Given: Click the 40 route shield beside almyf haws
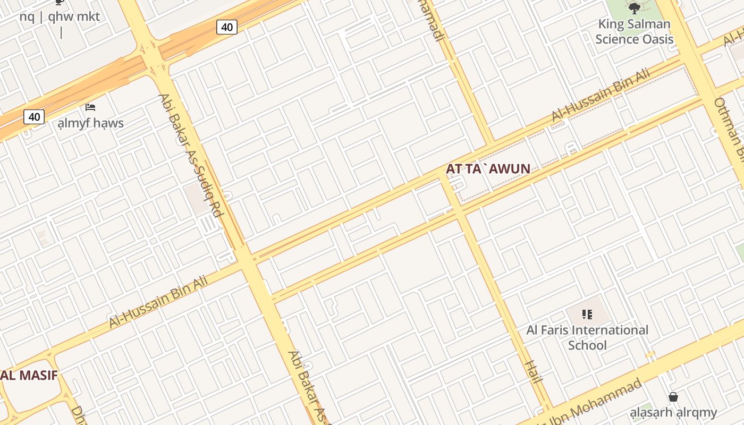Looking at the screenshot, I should pyautogui.click(x=34, y=116).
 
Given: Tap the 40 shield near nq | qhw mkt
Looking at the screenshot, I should pyautogui.click(x=226, y=27).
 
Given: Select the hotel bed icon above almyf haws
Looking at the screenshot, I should pyautogui.click(x=90, y=107).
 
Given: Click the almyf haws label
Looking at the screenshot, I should pyautogui.click(x=91, y=123).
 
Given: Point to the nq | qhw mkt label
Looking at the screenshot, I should pyautogui.click(x=60, y=16).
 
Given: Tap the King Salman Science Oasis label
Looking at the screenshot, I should pyautogui.click(x=634, y=31).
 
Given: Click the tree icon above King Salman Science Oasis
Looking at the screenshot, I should pyautogui.click(x=634, y=8).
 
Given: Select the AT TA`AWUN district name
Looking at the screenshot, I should pyautogui.click(x=488, y=169).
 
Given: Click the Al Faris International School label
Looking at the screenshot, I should pyautogui.click(x=587, y=337).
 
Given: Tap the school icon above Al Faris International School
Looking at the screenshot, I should pyautogui.click(x=587, y=314).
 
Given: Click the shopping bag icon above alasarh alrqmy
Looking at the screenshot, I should pyautogui.click(x=673, y=397).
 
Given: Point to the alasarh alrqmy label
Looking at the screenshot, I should pyautogui.click(x=673, y=412).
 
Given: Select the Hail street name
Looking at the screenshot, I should pyautogui.click(x=532, y=371).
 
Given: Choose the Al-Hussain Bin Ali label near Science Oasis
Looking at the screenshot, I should pyautogui.click(x=601, y=95).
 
